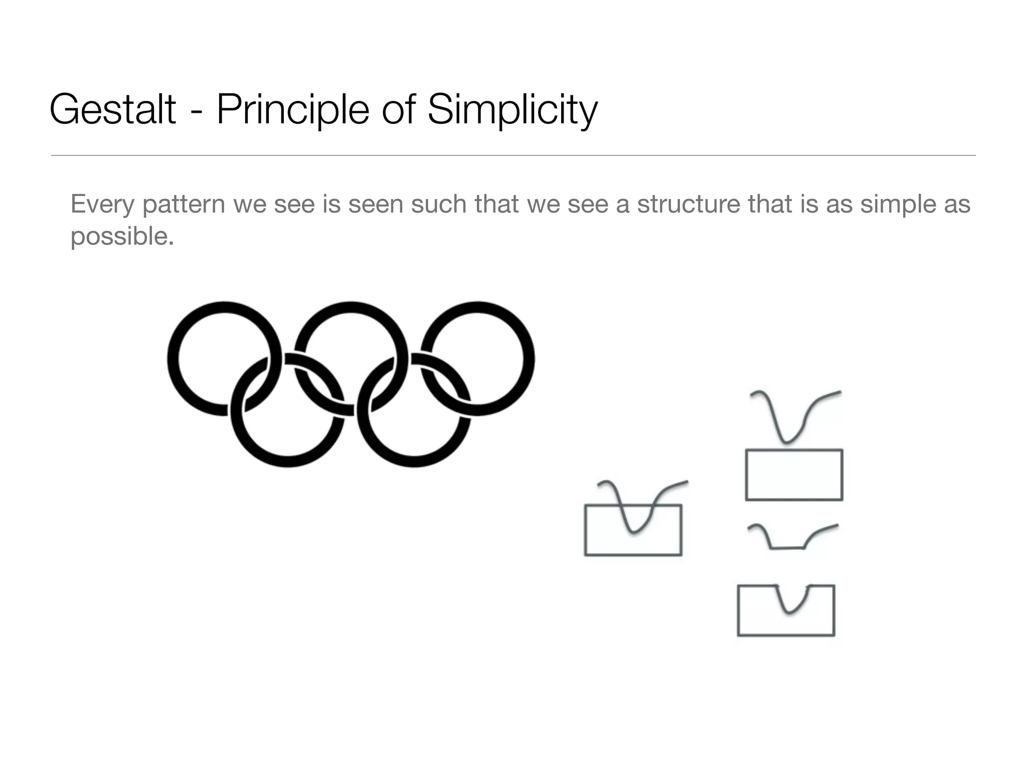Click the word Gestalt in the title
pyautogui.click(x=113, y=109)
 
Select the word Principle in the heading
pyautogui.click(x=292, y=109)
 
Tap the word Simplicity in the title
pyautogui.click(x=512, y=109)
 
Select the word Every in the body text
pyautogui.click(x=102, y=205)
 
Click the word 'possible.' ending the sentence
pyautogui.click(x=122, y=236)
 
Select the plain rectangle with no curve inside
pyautogui.click(x=794, y=475)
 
